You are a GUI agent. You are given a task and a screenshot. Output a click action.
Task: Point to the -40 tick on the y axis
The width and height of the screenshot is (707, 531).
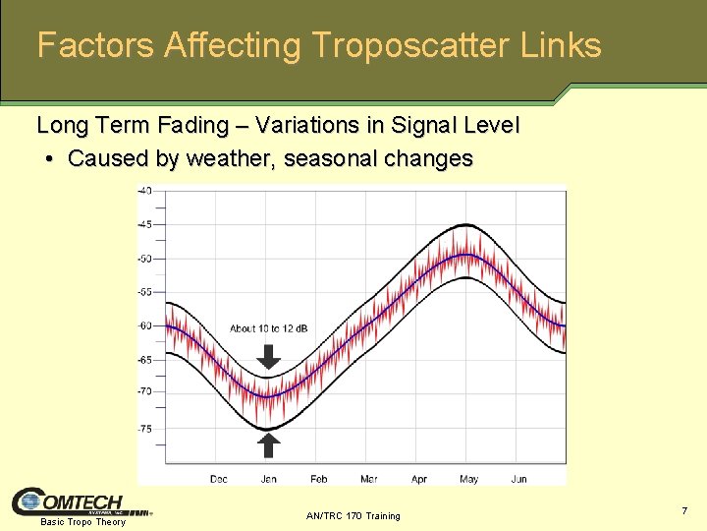click(x=144, y=191)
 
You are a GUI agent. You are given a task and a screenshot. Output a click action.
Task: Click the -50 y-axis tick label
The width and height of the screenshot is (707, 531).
click(x=144, y=259)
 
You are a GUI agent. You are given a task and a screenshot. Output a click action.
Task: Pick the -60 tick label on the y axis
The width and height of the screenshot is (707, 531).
click(x=144, y=325)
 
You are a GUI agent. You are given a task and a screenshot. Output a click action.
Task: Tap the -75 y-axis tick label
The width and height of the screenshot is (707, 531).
click(x=144, y=428)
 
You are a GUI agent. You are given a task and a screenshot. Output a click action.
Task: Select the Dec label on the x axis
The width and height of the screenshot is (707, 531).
click(x=219, y=479)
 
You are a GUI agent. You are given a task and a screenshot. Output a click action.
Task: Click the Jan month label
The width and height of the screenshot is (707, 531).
click(x=268, y=479)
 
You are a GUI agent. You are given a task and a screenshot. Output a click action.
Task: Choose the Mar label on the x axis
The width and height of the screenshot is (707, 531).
click(x=368, y=479)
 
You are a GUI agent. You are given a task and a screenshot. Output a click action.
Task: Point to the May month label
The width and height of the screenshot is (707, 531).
click(x=468, y=479)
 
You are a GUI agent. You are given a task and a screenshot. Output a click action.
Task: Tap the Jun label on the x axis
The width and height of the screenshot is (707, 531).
click(x=518, y=479)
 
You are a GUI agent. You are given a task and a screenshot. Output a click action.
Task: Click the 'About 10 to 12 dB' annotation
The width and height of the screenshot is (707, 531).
click(x=268, y=328)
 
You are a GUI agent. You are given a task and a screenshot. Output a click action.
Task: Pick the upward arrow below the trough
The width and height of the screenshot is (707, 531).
click(x=268, y=444)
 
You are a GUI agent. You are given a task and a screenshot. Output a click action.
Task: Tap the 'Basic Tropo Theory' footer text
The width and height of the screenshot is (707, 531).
click(x=82, y=522)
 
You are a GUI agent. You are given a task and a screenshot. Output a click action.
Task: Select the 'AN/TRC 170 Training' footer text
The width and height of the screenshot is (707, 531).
click(x=353, y=515)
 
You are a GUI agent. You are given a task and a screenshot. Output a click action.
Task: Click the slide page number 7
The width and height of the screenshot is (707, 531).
click(x=683, y=510)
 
